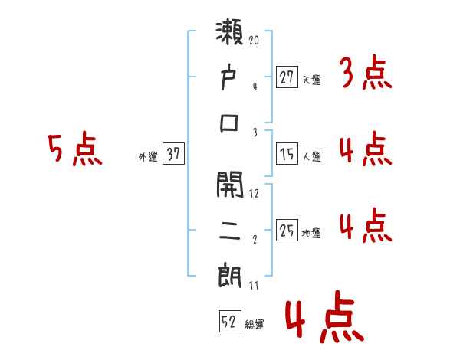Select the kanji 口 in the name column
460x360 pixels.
[230, 123]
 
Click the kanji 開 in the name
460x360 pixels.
[230, 185]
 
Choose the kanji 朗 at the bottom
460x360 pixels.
[230, 274]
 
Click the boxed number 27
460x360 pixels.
[287, 77]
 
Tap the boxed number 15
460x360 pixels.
[287, 154]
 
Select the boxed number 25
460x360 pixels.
[287, 230]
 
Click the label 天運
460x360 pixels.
[311, 80]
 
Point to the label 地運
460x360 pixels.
[311, 233]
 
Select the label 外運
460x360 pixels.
[147, 157]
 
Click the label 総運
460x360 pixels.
[255, 325]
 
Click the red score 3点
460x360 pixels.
[365, 74]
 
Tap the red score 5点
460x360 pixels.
[74, 150]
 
